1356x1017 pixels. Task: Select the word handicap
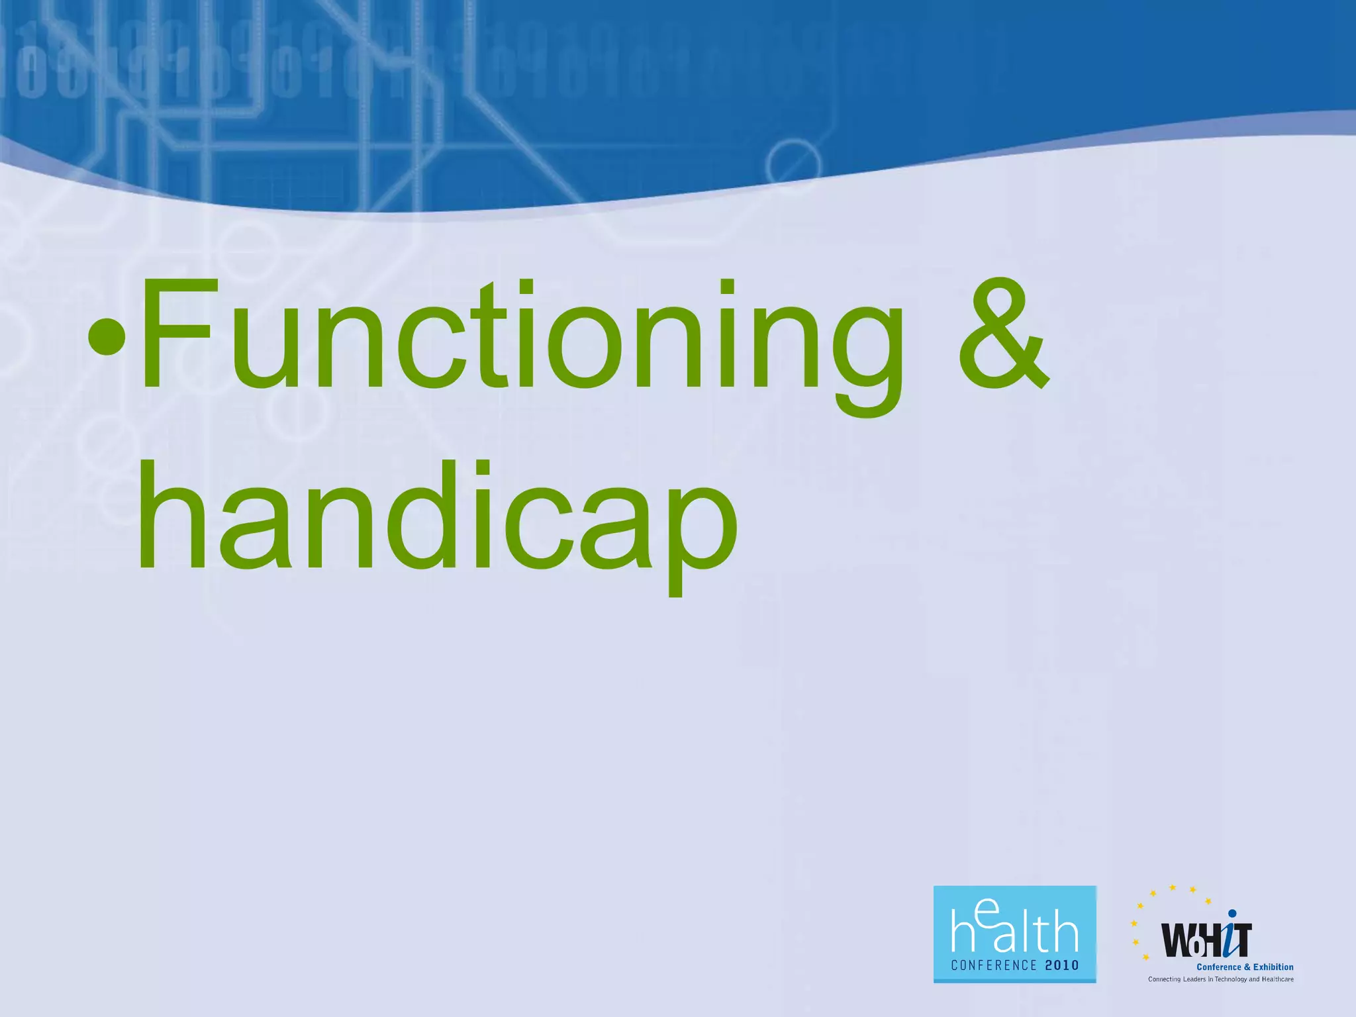tap(437, 516)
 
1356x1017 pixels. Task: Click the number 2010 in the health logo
tap(1062, 965)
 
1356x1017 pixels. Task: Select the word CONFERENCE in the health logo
tap(993, 965)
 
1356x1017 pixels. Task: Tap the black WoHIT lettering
tap(1205, 940)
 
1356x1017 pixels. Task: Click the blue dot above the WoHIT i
tap(1232, 914)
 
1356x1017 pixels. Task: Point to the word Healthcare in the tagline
tap(1277, 979)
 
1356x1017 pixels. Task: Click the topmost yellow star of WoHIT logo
tap(1173, 887)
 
